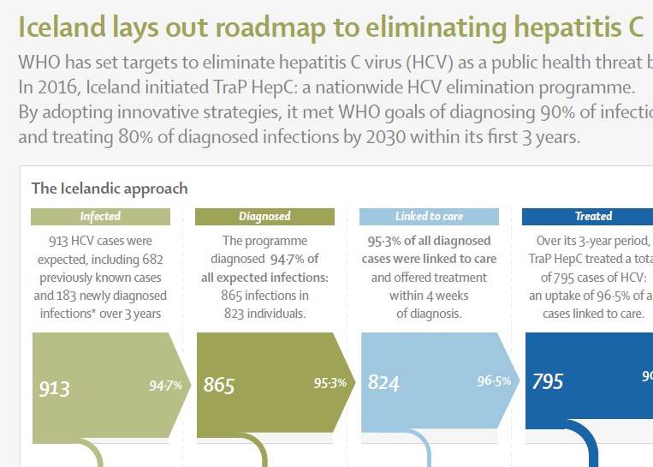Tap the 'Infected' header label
pyautogui.click(x=100, y=217)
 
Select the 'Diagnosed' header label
pyautogui.click(x=264, y=217)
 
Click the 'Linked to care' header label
pyautogui.click(x=429, y=217)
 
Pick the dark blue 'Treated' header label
pyautogui.click(x=593, y=217)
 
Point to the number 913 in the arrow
pyautogui.click(x=54, y=388)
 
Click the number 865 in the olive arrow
pyautogui.click(x=219, y=386)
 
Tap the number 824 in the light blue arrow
pyautogui.click(x=383, y=383)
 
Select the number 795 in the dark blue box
pyautogui.click(x=548, y=380)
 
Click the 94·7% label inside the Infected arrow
pyautogui.click(x=165, y=386)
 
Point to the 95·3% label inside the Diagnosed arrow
pyautogui.click(x=329, y=383)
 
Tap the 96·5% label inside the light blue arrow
pyautogui.click(x=494, y=380)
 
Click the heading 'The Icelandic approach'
pyautogui.click(x=110, y=189)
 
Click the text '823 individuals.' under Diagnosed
pyautogui.click(x=264, y=314)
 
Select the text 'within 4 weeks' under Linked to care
pyautogui.click(x=429, y=296)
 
